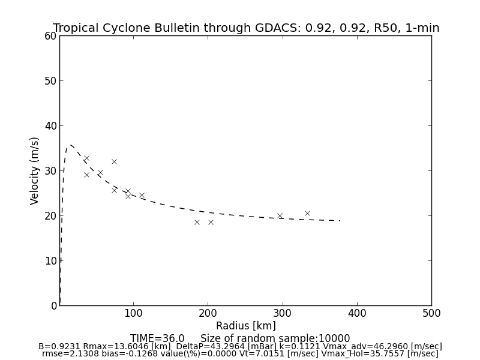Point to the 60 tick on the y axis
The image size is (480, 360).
[x=50, y=36]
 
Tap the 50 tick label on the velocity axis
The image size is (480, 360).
[x=50, y=81]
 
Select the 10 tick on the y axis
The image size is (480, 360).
[x=50, y=260]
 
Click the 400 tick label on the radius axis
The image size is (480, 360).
[x=357, y=313]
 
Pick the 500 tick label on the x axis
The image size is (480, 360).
[x=431, y=313]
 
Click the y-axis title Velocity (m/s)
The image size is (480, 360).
[x=35, y=170]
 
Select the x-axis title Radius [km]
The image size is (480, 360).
[x=246, y=326]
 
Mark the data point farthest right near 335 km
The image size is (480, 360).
[x=307, y=213]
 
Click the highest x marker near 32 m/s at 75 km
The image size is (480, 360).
[x=114, y=161]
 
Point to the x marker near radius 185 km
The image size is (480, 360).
[x=197, y=222]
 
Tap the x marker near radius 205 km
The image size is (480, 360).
[x=211, y=222]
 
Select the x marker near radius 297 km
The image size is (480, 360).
[x=280, y=215]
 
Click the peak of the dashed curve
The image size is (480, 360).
[x=70, y=145]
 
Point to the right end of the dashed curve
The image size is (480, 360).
[x=340, y=221]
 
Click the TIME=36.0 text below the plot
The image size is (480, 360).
[x=157, y=338]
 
